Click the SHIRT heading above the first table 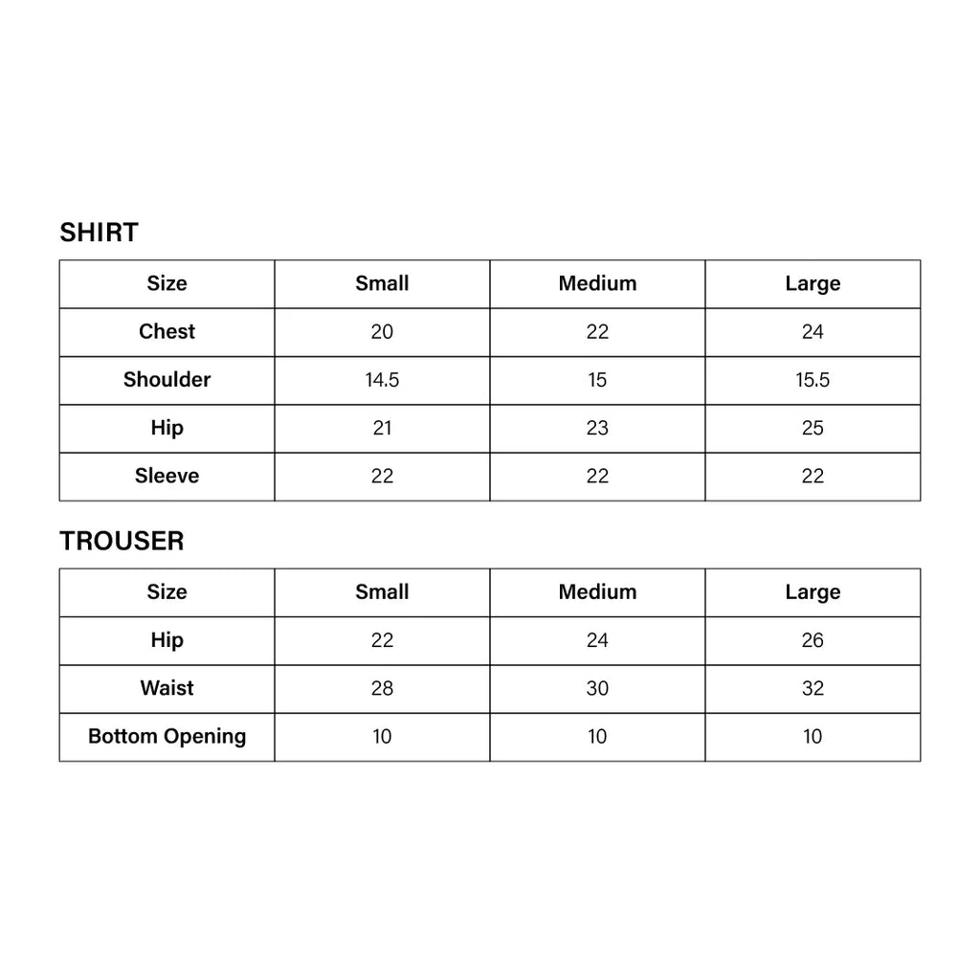[x=99, y=233]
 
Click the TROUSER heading [x=122, y=541]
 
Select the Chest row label [x=167, y=332]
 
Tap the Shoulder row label [x=167, y=380]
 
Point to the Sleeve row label [x=167, y=476]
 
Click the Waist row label [x=167, y=688]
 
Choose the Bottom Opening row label [x=167, y=736]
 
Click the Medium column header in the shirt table [x=597, y=283]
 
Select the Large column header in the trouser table [x=813, y=592]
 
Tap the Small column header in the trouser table [x=382, y=592]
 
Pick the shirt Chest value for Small [x=382, y=332]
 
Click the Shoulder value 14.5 [x=382, y=380]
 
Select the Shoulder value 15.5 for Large [x=813, y=380]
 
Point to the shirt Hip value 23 [x=597, y=428]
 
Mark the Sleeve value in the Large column [x=813, y=476]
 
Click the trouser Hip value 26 [x=813, y=640]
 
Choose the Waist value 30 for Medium [x=597, y=688]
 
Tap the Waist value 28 [x=382, y=688]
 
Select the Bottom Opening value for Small [x=382, y=736]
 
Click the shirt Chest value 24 [x=813, y=332]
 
